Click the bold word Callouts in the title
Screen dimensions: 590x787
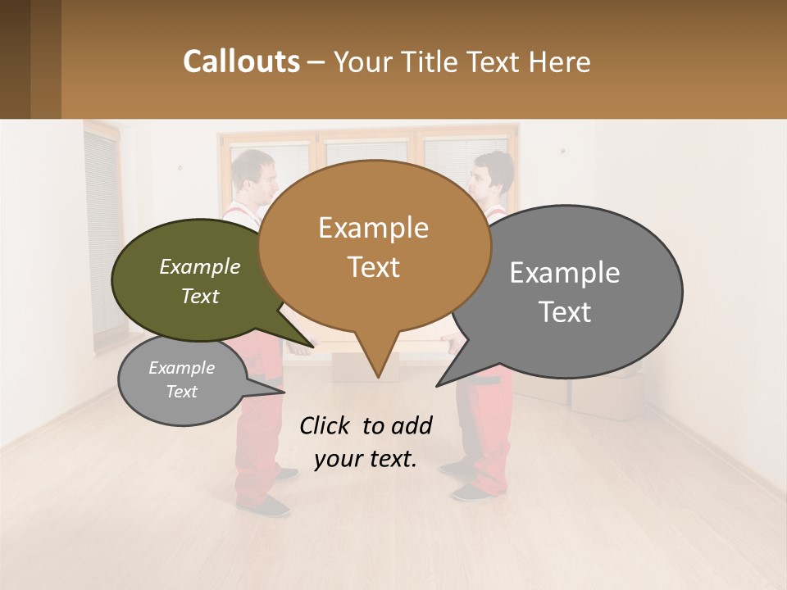tap(241, 61)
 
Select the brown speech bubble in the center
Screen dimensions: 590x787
tap(374, 246)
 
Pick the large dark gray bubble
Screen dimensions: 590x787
tap(574, 292)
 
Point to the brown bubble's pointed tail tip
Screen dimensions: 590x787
tap(378, 377)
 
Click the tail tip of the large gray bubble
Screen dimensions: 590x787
tap(438, 385)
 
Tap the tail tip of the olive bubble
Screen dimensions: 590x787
tap(312, 347)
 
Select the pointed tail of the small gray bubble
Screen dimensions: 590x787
tap(283, 392)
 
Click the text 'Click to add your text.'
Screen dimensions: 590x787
tap(366, 442)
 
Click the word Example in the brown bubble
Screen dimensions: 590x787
tap(373, 228)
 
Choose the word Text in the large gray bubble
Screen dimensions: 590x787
tap(565, 312)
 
